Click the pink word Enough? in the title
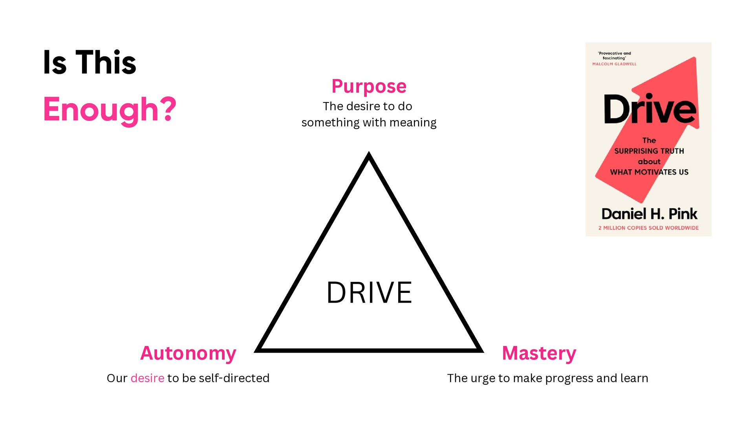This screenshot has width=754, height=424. coord(110,110)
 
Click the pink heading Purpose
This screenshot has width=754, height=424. coord(369,86)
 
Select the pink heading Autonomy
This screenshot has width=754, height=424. coord(188,353)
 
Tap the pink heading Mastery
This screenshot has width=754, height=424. coord(539,353)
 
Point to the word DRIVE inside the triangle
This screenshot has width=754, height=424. coord(369,293)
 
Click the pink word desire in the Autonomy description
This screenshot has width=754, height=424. coord(147,378)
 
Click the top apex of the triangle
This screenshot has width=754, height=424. coord(369,154)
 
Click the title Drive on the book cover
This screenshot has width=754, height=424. coord(650,110)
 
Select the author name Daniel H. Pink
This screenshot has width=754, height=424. coord(649,214)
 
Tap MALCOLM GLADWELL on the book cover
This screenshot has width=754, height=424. coord(614,64)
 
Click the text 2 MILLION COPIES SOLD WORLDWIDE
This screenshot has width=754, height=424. coord(648,228)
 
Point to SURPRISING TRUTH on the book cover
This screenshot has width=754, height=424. coord(649,151)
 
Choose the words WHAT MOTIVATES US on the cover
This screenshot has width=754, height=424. coord(649,172)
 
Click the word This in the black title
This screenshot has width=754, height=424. coord(106,62)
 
